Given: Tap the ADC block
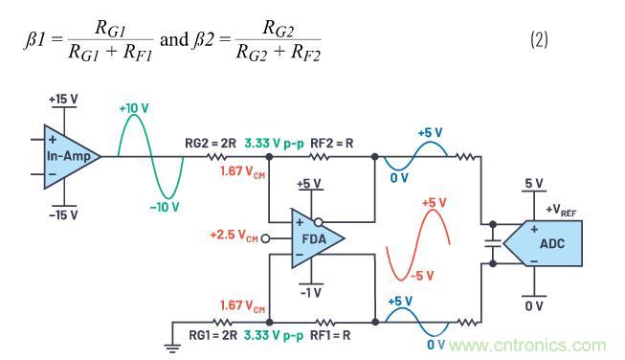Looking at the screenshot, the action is (x=547, y=243).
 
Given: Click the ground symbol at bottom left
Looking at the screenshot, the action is (x=172, y=349).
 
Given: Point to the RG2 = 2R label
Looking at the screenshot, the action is (x=211, y=143).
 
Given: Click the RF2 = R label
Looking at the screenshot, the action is (x=331, y=143).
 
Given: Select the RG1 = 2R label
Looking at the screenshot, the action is (x=212, y=335).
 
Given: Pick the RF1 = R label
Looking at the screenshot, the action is (x=330, y=335).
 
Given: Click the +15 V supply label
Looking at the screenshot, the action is (x=63, y=100).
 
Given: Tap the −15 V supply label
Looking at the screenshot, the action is (x=63, y=215).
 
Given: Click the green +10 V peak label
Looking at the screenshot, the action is (x=134, y=108).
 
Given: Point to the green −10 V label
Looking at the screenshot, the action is (x=165, y=207).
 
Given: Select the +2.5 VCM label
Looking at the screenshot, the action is (x=234, y=235).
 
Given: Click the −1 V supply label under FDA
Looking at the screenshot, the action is (x=311, y=293).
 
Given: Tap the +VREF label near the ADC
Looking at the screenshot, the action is (x=561, y=210).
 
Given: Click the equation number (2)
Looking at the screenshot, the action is (x=539, y=40).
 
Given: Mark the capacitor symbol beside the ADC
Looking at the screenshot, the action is (x=493, y=243).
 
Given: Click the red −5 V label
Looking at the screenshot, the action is (x=422, y=276).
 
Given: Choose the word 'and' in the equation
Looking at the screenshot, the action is (x=174, y=39).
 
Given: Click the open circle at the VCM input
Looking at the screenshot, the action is (x=265, y=238).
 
